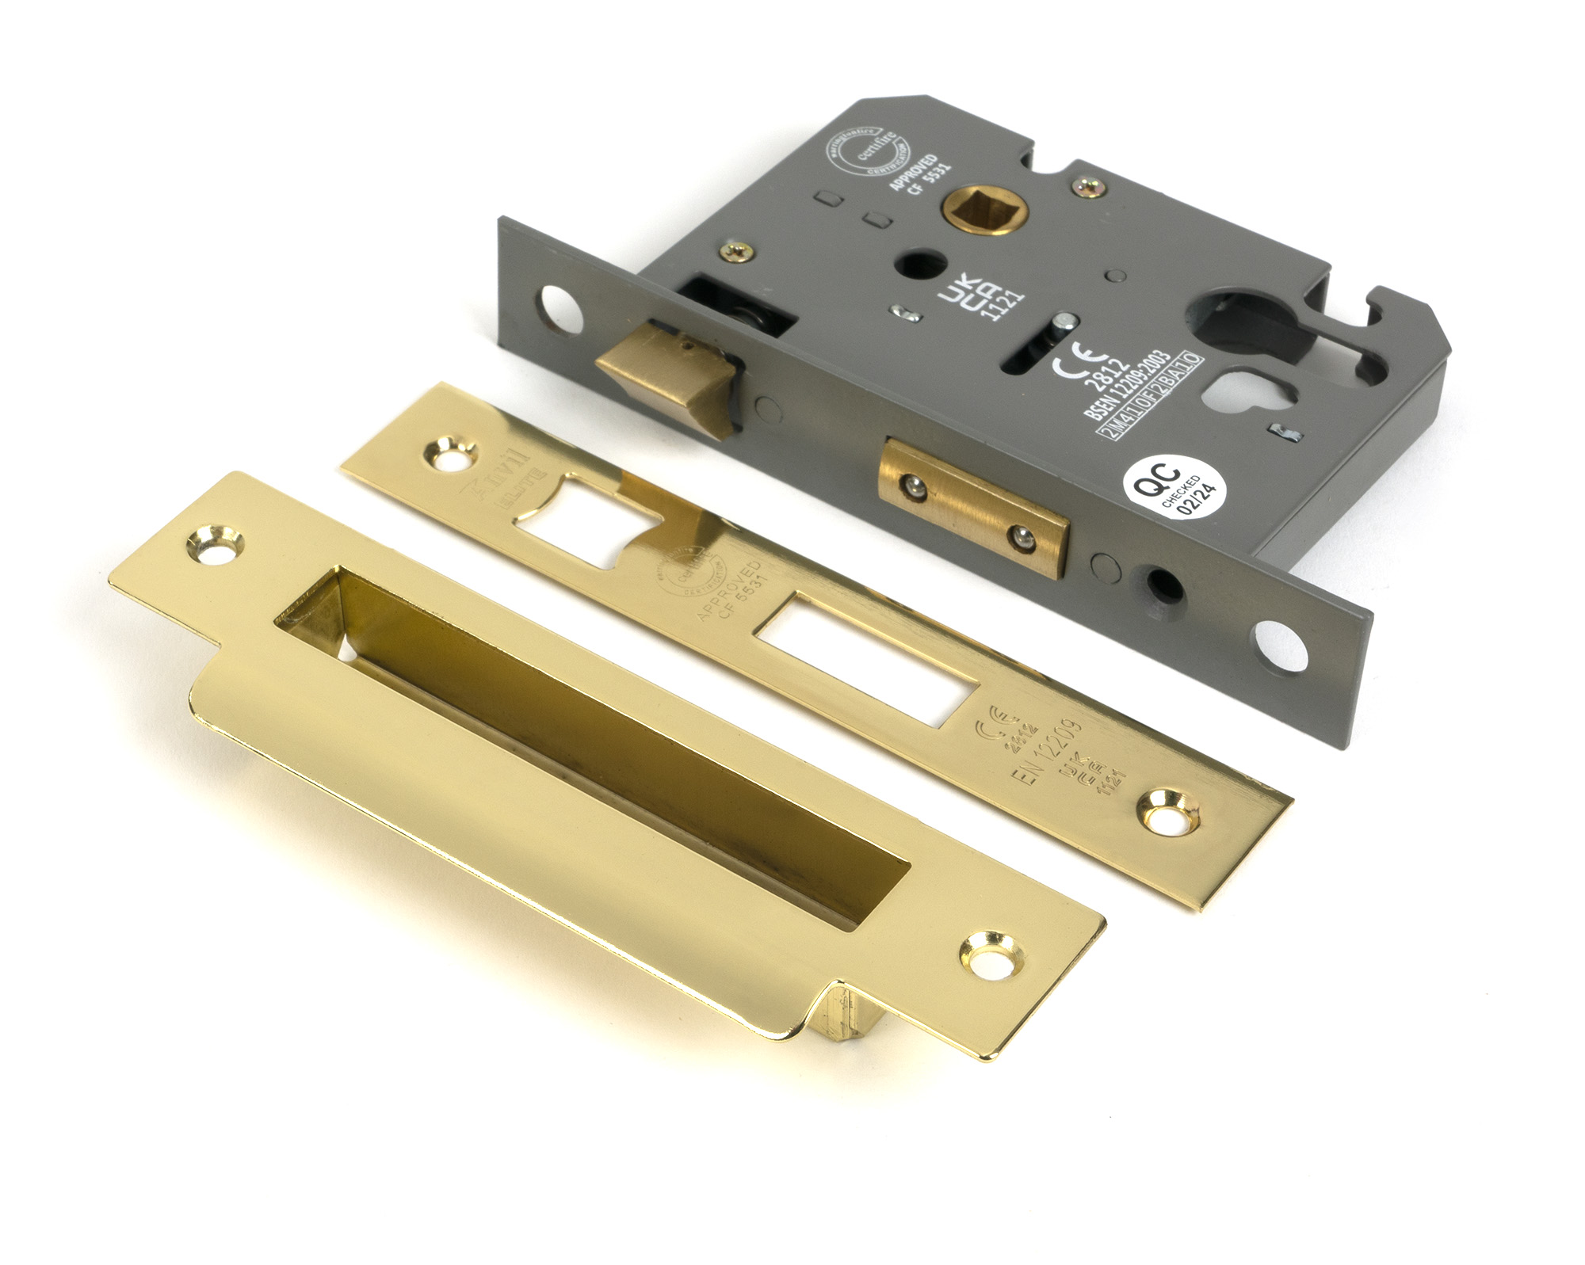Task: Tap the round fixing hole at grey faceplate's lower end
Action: coord(1278,645)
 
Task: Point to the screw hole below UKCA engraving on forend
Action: coord(1169,812)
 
